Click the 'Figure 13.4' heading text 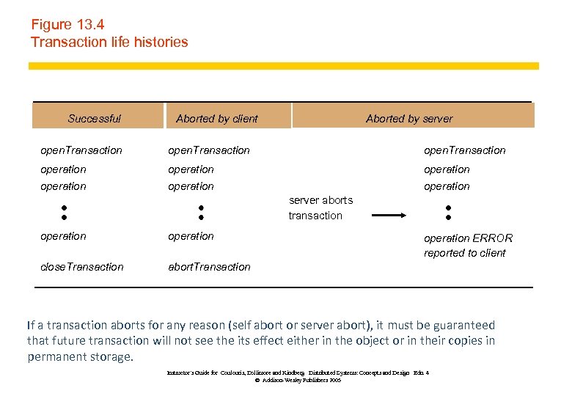coord(67,24)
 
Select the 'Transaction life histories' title coord(109,42)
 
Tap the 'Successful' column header coord(94,118)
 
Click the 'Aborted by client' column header coord(217,118)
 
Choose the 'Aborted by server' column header coord(409,118)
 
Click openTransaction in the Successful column coord(81,150)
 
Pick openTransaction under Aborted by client coord(209,150)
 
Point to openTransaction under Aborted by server coord(465,150)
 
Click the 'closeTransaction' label coord(82,267)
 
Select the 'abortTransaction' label coord(209,267)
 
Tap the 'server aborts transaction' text coord(320,208)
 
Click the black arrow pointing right coord(389,216)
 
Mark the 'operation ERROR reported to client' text coord(468,246)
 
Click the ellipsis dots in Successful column coord(64,212)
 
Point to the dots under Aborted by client coord(200,212)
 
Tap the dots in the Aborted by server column coord(447,212)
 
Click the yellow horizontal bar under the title coord(283,66)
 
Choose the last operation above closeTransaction coord(63,236)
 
